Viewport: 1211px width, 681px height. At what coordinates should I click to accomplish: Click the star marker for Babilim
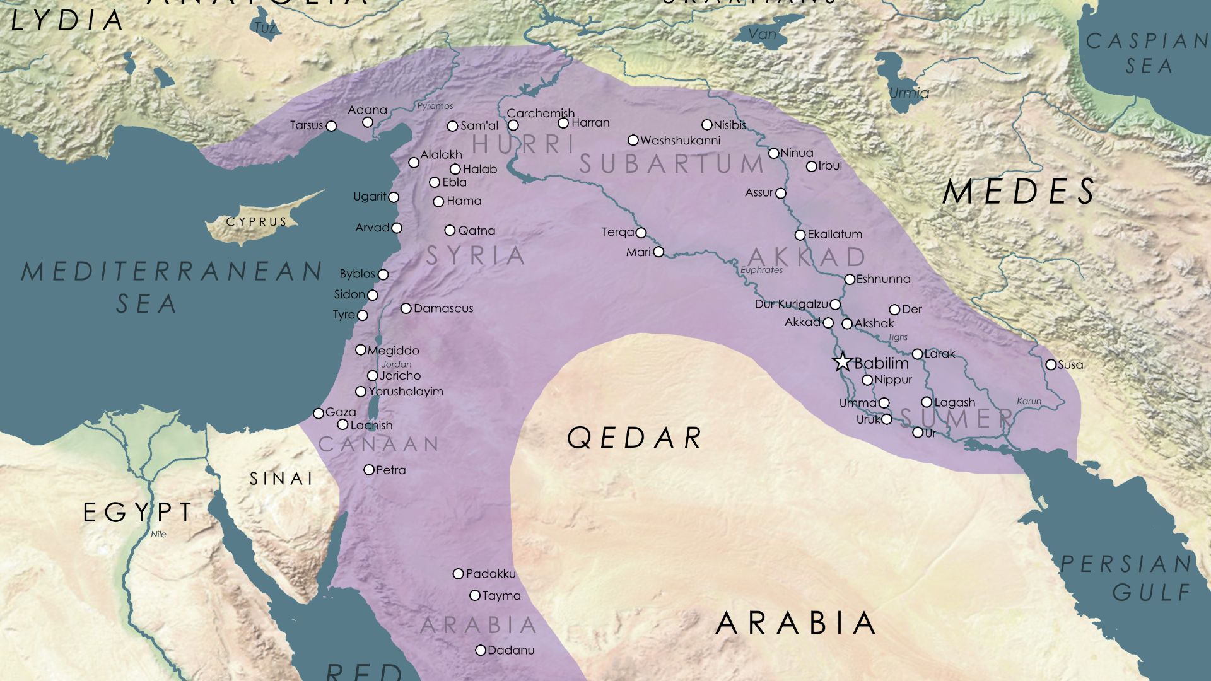click(842, 362)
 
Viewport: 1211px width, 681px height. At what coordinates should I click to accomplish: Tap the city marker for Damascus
click(406, 308)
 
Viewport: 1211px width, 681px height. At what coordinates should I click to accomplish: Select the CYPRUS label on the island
click(257, 222)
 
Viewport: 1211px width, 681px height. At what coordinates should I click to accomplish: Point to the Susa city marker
click(1051, 364)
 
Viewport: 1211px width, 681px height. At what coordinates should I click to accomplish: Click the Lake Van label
click(762, 34)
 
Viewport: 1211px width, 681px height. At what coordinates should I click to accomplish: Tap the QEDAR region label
click(635, 438)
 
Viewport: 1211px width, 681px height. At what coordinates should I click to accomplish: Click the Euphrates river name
click(761, 270)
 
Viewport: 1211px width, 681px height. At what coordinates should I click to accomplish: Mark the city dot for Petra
click(369, 470)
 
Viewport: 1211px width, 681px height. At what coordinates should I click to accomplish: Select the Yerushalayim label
click(406, 392)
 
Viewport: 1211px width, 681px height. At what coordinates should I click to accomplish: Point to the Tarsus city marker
click(331, 126)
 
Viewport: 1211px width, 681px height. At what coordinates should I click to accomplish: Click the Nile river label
click(159, 534)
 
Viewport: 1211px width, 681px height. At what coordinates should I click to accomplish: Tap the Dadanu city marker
click(481, 650)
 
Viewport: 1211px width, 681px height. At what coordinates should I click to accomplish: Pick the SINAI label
click(281, 479)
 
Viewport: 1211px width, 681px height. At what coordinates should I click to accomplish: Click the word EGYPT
click(138, 513)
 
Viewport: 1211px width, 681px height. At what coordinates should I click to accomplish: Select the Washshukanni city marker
click(633, 140)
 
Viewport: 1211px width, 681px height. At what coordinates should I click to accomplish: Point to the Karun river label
click(1029, 401)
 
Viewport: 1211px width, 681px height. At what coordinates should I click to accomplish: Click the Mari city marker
click(658, 252)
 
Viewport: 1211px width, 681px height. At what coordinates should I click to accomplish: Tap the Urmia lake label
click(909, 93)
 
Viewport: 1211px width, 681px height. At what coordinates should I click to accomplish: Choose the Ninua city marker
click(774, 153)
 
